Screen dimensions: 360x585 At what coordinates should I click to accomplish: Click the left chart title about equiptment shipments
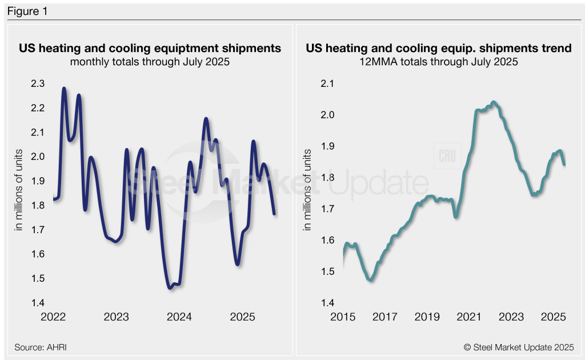(x=150, y=49)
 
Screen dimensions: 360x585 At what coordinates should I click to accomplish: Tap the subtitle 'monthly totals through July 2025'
(x=150, y=62)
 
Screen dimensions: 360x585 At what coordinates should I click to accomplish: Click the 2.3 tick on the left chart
(x=37, y=83)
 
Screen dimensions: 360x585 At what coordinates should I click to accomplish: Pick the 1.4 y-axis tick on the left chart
(x=37, y=303)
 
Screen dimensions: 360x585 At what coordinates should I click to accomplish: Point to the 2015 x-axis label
(x=343, y=316)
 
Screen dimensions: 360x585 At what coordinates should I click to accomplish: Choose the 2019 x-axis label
(x=427, y=316)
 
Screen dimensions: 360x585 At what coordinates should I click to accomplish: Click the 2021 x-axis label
(x=469, y=316)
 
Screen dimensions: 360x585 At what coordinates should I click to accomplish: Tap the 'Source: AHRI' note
(x=37, y=347)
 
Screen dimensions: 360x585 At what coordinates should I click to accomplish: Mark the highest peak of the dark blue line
(x=63, y=89)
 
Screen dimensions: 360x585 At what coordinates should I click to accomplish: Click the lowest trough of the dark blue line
(x=170, y=288)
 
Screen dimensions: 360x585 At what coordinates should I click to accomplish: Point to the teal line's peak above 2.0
(x=494, y=102)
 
